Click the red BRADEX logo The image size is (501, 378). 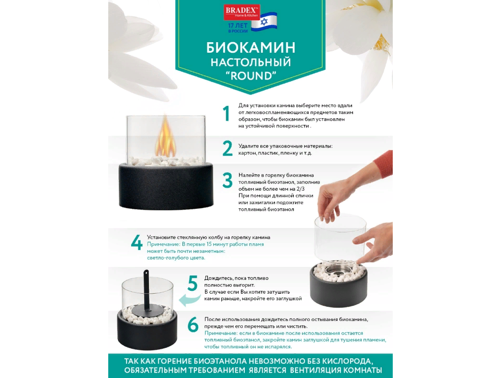(x=241, y=12)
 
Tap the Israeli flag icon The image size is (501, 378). (x=264, y=22)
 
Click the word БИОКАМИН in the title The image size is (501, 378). (x=251, y=47)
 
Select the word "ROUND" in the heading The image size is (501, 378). (x=251, y=76)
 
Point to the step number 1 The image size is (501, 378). (x=227, y=114)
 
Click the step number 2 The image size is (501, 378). (x=228, y=148)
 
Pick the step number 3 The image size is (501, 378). (x=228, y=180)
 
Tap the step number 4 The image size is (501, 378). (x=137, y=242)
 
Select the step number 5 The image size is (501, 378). (x=193, y=283)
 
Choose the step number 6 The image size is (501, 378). (x=193, y=325)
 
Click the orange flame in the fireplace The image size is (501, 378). (x=164, y=136)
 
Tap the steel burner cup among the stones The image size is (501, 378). (x=339, y=270)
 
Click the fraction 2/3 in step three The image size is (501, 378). (x=300, y=189)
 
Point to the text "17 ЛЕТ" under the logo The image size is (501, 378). (x=238, y=25)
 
